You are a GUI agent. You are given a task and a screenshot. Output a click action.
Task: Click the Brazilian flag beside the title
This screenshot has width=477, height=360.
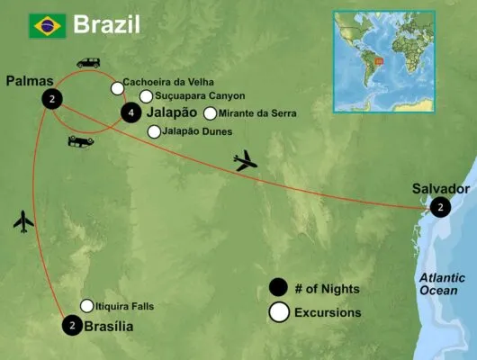coord(45,26)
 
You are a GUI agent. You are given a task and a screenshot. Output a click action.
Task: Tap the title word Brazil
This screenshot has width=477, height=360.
coord(106,24)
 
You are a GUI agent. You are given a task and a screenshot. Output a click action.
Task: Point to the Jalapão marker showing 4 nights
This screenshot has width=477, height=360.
coord(130,112)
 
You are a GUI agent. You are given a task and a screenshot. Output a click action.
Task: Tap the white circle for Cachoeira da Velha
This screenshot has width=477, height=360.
coord(117,88)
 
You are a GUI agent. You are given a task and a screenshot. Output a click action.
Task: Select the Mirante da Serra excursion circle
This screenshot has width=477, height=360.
coord(211,113)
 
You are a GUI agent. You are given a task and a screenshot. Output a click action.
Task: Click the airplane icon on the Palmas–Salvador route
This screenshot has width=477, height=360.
coord(244,162)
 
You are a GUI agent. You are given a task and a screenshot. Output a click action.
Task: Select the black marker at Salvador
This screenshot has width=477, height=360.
coord(440,207)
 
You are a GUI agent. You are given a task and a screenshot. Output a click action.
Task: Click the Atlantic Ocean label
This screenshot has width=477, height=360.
coord(445,286)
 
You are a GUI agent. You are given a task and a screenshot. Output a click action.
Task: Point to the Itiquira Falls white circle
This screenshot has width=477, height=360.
coord(87,305)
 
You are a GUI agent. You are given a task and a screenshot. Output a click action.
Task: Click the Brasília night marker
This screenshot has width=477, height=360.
coord(70,326)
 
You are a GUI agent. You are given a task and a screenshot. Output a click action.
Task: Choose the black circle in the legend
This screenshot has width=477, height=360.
coord(279,289)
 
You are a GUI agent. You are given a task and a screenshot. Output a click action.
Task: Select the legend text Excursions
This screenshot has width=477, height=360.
coord(332,313)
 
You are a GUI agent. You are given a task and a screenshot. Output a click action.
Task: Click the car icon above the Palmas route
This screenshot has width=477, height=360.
coord(88,63)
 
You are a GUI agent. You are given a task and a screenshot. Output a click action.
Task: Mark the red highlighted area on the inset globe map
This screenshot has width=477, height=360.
coord(379,62)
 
